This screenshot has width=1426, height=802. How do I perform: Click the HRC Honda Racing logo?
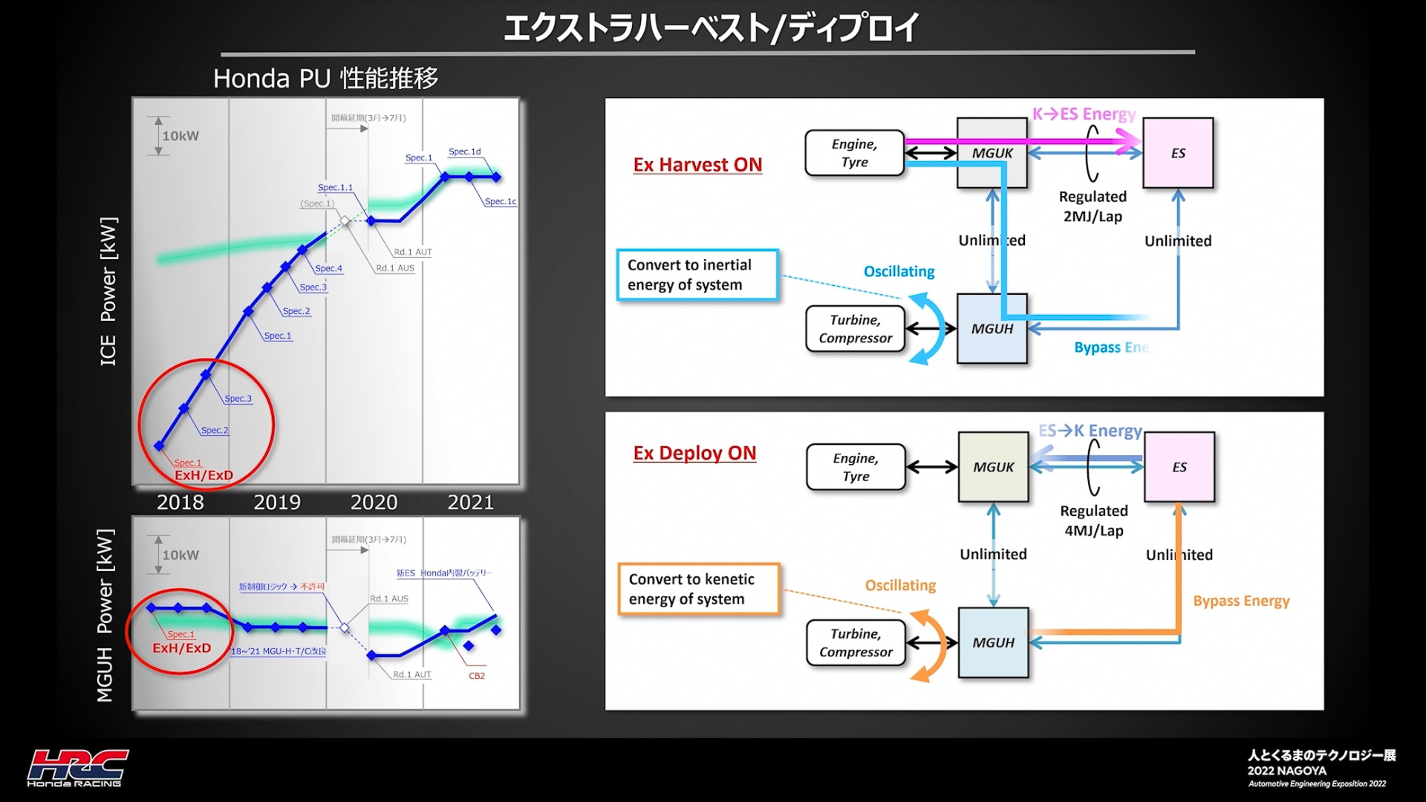[77, 768]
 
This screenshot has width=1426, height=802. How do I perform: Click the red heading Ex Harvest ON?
[697, 165]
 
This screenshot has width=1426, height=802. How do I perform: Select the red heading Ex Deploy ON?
[694, 453]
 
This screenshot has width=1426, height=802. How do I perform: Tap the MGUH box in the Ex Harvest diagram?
[992, 329]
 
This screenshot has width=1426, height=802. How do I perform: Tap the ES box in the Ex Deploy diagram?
[1179, 467]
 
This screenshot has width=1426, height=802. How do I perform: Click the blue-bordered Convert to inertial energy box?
[697, 275]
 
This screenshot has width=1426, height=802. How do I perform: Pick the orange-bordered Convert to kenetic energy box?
[698, 589]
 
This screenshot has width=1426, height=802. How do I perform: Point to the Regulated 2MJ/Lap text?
[1093, 206]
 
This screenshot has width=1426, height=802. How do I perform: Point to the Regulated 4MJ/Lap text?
[1094, 521]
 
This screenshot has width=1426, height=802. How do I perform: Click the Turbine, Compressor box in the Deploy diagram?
[856, 643]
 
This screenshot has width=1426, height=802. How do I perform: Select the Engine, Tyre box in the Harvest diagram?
[854, 153]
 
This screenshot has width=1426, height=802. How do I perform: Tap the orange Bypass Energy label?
[1241, 601]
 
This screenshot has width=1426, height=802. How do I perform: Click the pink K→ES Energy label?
[1084, 114]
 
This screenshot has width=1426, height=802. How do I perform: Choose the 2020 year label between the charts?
[374, 503]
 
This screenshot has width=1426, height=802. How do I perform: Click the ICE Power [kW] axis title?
[108, 291]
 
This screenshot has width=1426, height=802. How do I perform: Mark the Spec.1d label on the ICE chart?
[464, 151]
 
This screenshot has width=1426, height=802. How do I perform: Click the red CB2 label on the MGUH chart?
[477, 676]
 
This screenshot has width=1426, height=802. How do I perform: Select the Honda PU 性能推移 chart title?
[325, 78]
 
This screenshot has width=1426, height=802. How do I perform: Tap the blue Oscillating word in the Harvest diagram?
[899, 272]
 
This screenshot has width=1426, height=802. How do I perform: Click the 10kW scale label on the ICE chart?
[180, 136]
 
